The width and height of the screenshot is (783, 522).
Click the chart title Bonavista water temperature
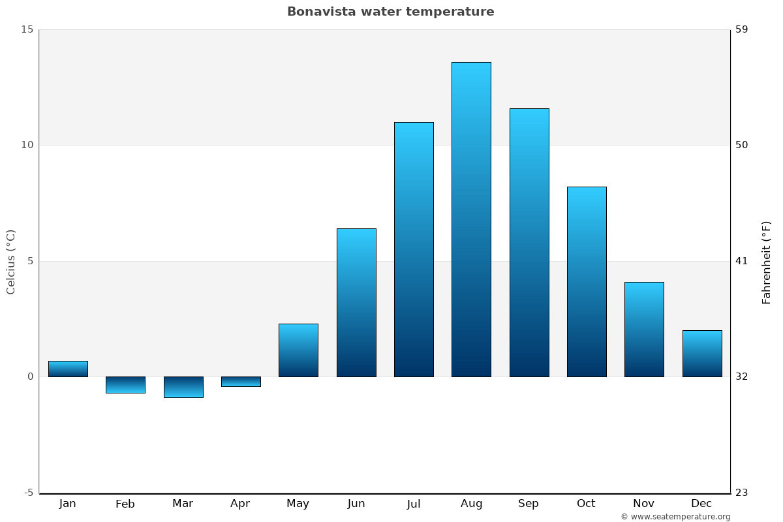point(390,12)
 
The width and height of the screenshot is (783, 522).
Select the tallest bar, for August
point(471,219)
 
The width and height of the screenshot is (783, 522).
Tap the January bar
point(68,369)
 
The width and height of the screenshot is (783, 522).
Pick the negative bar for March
point(183,387)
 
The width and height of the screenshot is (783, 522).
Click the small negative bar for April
point(241,382)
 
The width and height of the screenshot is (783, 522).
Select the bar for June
point(356,303)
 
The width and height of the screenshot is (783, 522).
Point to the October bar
point(587,282)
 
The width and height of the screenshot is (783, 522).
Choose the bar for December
point(702,354)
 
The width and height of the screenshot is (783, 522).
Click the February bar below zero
point(125,385)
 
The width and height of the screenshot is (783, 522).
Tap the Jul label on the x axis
point(414,504)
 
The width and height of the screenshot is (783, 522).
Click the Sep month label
point(529,504)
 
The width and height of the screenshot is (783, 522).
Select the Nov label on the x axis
point(643,504)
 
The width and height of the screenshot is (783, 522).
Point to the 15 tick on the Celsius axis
point(27,29)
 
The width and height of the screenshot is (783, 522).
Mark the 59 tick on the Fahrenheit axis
point(742,29)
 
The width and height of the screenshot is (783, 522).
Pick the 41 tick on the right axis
point(742,261)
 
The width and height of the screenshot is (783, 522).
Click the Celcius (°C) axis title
point(11,262)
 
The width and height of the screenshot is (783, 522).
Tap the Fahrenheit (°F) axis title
point(767,262)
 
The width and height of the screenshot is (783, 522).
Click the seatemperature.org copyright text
point(675,517)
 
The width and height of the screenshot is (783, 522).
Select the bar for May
point(298,350)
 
